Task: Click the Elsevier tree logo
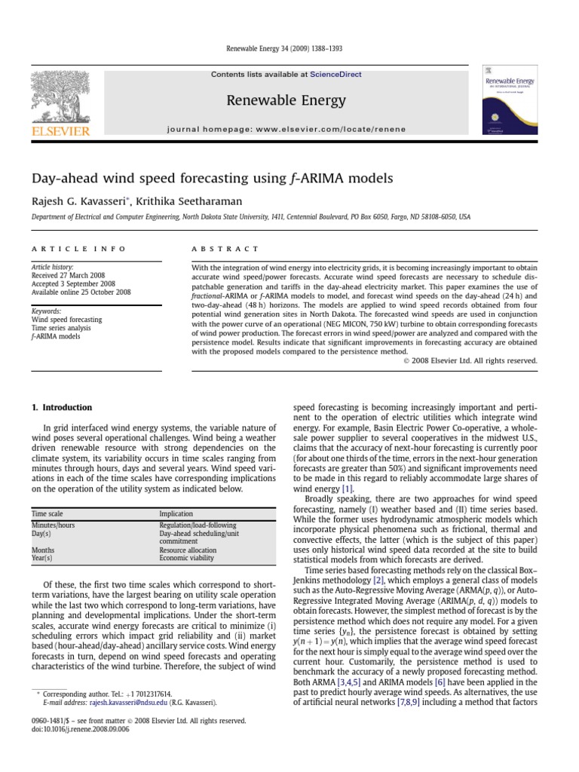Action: click(61, 98)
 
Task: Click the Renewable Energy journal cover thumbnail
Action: click(510, 104)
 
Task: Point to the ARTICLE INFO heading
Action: click(78, 249)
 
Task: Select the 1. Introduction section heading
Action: click(62, 408)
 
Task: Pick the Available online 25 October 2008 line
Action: click(81, 293)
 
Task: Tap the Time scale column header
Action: click(47, 513)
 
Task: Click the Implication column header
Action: click(176, 513)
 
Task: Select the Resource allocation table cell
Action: click(187, 550)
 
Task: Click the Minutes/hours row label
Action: click(53, 524)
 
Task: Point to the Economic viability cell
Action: click(185, 559)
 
